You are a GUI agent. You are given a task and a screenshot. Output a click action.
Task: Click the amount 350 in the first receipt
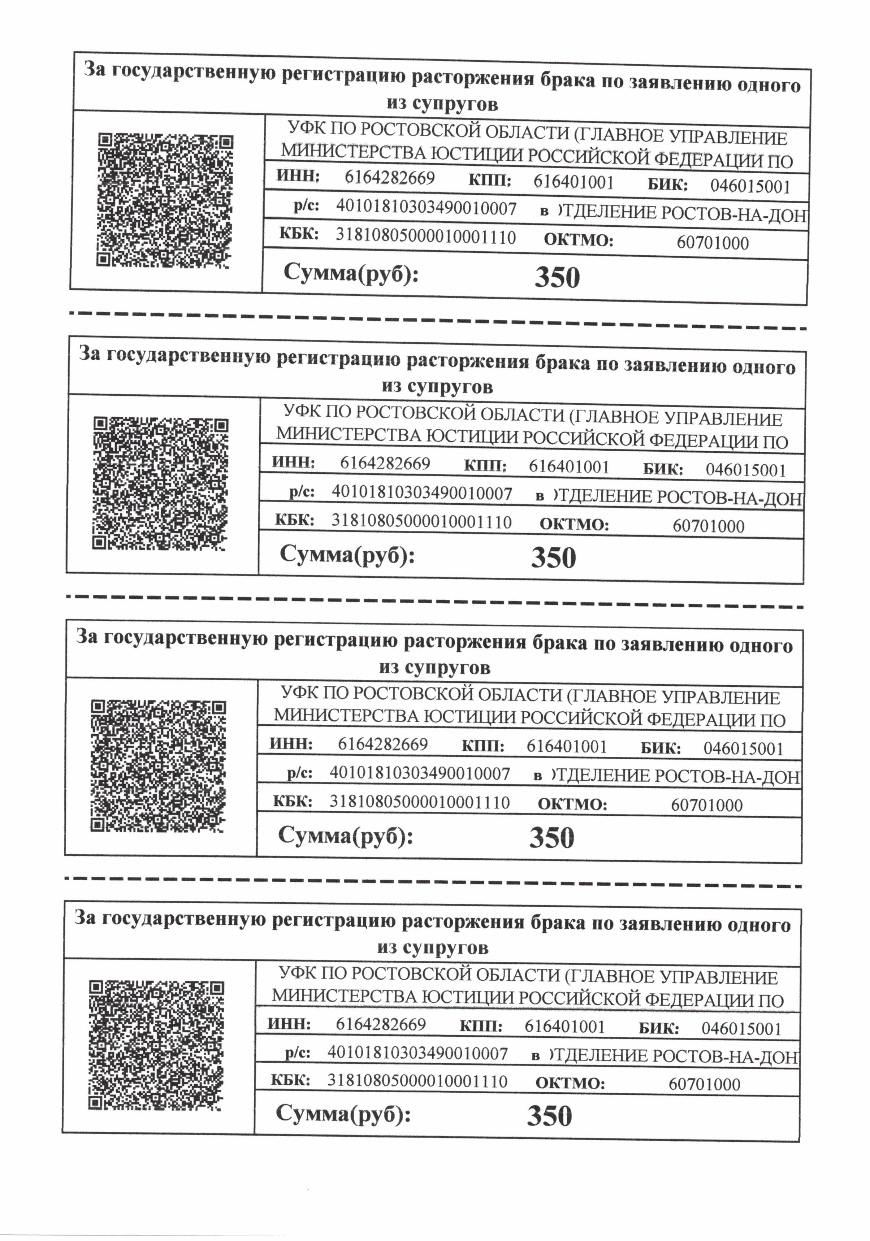click(x=557, y=278)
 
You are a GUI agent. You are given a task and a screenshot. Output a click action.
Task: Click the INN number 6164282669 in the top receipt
click(x=389, y=178)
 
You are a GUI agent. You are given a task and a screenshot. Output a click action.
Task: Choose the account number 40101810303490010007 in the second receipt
click(x=422, y=493)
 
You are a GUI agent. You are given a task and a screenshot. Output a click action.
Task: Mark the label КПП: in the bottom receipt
click(x=481, y=1026)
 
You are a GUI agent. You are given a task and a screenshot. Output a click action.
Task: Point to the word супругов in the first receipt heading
click(x=454, y=103)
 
